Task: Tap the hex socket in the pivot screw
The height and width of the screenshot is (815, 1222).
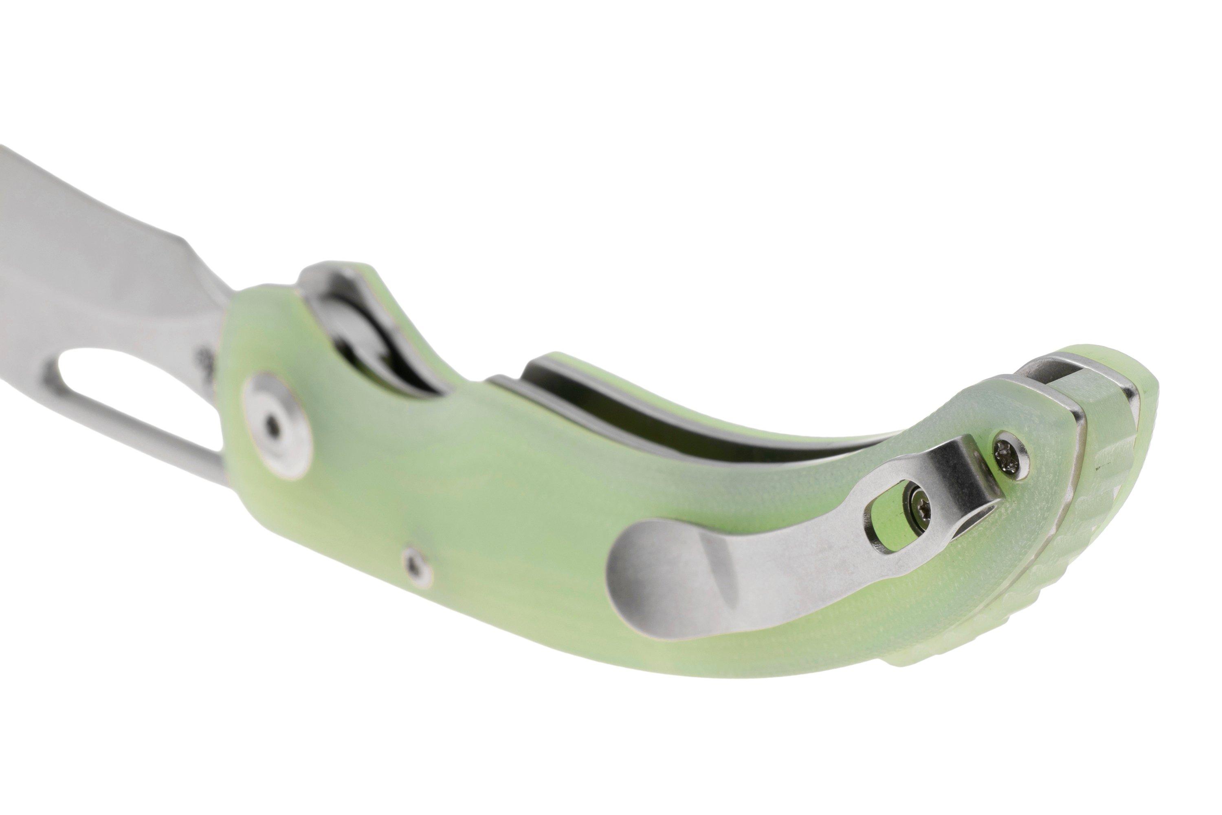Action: [274, 430]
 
